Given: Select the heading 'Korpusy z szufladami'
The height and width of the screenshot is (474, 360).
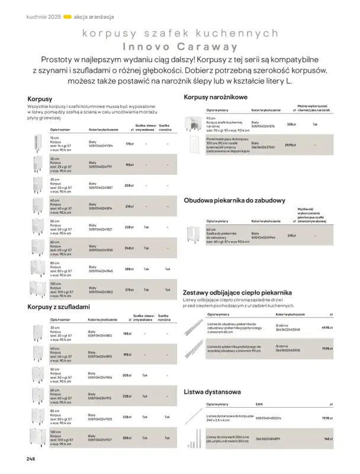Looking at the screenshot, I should click(x=59, y=307).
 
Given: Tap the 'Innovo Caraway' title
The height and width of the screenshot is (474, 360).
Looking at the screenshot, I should click(x=180, y=46).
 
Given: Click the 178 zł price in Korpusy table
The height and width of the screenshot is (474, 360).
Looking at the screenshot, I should click(x=128, y=144).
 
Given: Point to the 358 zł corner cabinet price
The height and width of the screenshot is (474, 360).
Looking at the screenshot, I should click(x=291, y=124).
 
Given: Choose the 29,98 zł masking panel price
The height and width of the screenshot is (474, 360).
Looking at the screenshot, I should click(x=290, y=145).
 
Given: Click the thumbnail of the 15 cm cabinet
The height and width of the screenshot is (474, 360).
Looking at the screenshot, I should click(x=37, y=143).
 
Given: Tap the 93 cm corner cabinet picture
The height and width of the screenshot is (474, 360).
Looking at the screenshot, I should click(x=194, y=124).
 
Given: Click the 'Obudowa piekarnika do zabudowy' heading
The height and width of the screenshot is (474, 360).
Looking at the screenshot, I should click(x=235, y=200).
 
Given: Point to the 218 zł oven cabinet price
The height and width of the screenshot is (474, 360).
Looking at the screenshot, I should click(x=291, y=235).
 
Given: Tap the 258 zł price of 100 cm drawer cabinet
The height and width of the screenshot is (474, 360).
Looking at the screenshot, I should click(x=127, y=437).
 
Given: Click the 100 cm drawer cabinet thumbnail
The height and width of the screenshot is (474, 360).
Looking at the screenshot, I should click(x=37, y=437).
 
